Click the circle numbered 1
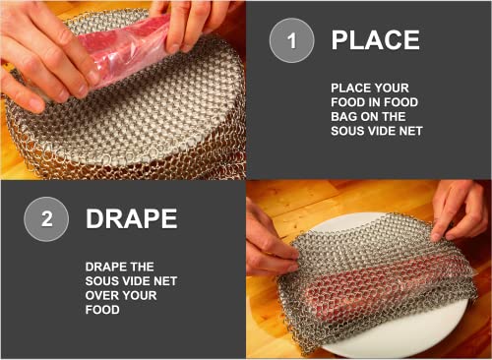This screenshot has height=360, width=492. (291, 40)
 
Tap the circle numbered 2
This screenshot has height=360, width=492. (46, 219)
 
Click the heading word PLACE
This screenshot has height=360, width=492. (375, 40)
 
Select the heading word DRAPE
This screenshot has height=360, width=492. (132, 218)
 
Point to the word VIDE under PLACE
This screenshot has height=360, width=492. (381, 131)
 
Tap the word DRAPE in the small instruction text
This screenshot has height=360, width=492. (103, 267)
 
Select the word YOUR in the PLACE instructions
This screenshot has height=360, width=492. (392, 88)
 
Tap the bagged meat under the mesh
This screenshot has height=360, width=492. (377, 280)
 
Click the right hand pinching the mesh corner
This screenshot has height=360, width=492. (460, 210)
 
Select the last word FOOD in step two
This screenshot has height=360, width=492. (102, 310)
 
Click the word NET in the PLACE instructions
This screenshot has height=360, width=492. (411, 131)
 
